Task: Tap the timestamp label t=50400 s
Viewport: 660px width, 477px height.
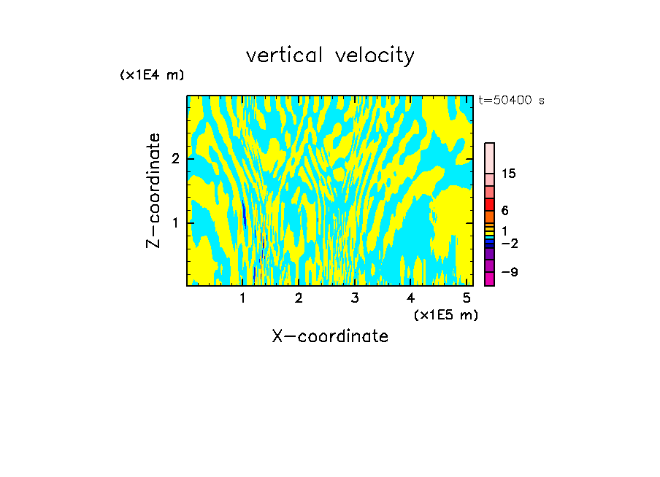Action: point(511,101)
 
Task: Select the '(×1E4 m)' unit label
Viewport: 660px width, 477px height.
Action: point(152,75)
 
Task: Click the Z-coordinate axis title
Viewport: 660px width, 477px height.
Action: point(153,190)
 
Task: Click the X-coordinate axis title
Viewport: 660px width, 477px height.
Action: point(330,336)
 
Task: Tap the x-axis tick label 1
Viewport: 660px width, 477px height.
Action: point(243,298)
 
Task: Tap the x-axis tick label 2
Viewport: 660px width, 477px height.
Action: point(299,298)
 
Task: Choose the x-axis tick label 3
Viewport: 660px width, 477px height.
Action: point(355,298)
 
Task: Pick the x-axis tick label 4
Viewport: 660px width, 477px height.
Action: point(410,298)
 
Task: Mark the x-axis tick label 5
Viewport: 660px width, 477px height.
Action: point(467,298)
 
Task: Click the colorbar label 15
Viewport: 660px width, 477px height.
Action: point(509,174)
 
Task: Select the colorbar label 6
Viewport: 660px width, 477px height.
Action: point(504,211)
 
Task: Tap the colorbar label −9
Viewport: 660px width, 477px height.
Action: point(509,272)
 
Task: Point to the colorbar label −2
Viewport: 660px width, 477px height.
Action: point(509,243)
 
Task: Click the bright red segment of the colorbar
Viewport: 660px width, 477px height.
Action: point(489,204)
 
